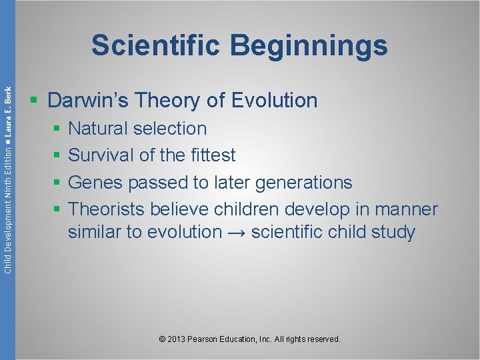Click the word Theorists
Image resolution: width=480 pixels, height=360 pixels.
(x=106, y=209)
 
